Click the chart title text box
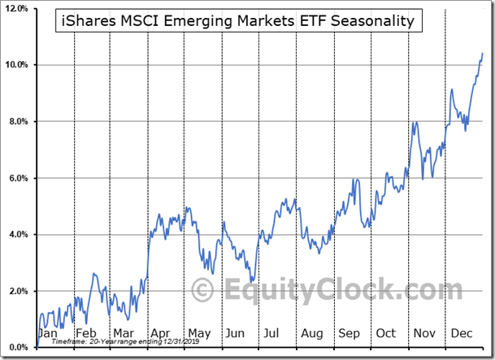click(240, 21)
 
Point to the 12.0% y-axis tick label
click(17, 9)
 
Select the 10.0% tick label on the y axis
click(17, 65)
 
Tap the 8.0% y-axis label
click(19, 122)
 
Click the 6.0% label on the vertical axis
click(19, 178)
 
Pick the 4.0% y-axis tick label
click(19, 235)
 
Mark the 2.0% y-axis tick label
click(19, 291)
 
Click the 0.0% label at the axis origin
click(19, 348)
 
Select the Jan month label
click(49, 333)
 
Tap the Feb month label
click(86, 333)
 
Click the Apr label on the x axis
click(161, 333)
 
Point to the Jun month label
click(235, 333)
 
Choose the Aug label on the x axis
click(311, 333)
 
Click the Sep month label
click(349, 333)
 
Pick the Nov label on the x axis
click(423, 333)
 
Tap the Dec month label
click(461, 333)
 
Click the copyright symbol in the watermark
click(203, 290)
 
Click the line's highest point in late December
click(482, 54)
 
